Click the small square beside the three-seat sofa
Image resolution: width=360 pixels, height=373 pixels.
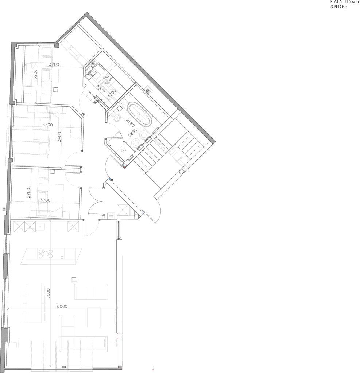click(x=74, y=279)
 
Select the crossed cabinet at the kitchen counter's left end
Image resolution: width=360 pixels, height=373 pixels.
click(x=19, y=227)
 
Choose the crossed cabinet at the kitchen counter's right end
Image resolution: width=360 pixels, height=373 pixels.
click(x=74, y=227)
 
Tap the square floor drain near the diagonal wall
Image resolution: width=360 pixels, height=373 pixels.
click(x=148, y=90)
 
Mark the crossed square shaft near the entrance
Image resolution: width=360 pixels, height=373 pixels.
click(x=123, y=211)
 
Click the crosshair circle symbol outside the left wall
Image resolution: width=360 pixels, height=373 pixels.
click(x=4, y=209)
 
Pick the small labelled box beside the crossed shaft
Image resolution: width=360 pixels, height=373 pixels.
click(x=111, y=216)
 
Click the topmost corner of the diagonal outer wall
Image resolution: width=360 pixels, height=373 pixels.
click(x=86, y=13)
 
